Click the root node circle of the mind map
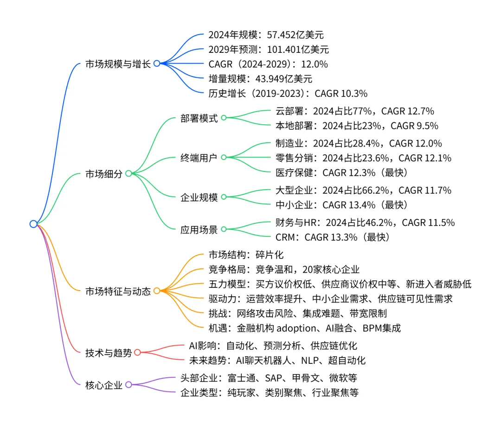pyautogui.click(x=33, y=224)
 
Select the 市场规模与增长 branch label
pyautogui.click(x=118, y=64)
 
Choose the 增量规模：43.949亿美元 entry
pyautogui.click(x=260, y=79)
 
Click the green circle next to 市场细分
pyautogui.click(x=129, y=173)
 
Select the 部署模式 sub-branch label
pyautogui.click(x=199, y=118)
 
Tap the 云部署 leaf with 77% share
pyautogui.click(x=354, y=111)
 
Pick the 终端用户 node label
pyautogui.click(x=199, y=157)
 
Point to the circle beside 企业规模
pyautogui.click(x=223, y=197)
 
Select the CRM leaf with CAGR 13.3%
pyautogui.click(x=332, y=237)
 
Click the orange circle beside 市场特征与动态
pyautogui.click(x=157, y=291)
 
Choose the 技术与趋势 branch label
pyautogui.click(x=109, y=353)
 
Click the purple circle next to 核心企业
pyautogui.click(x=129, y=384)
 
